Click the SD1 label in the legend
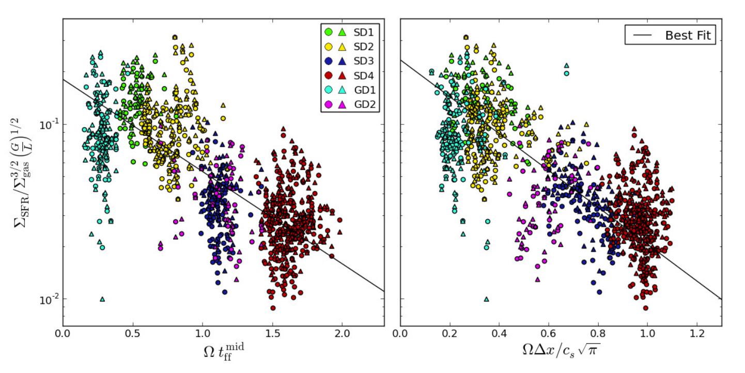tap(364, 32)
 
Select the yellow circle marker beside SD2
tap(329, 47)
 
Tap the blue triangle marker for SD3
tap(342, 61)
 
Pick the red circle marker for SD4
tap(329, 76)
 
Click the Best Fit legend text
tap(688, 35)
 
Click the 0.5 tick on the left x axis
tap(133, 333)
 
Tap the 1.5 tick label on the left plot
tap(273, 333)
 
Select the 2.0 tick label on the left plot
tap(343, 333)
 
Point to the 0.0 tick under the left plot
tap(63, 333)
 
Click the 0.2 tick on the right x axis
tap(449, 333)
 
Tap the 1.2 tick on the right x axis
tap(697, 333)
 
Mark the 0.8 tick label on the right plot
tap(598, 333)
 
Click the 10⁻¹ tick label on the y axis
tap(49, 125)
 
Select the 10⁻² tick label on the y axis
tap(49, 299)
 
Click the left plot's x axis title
tap(224, 352)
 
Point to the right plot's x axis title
tap(561, 350)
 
